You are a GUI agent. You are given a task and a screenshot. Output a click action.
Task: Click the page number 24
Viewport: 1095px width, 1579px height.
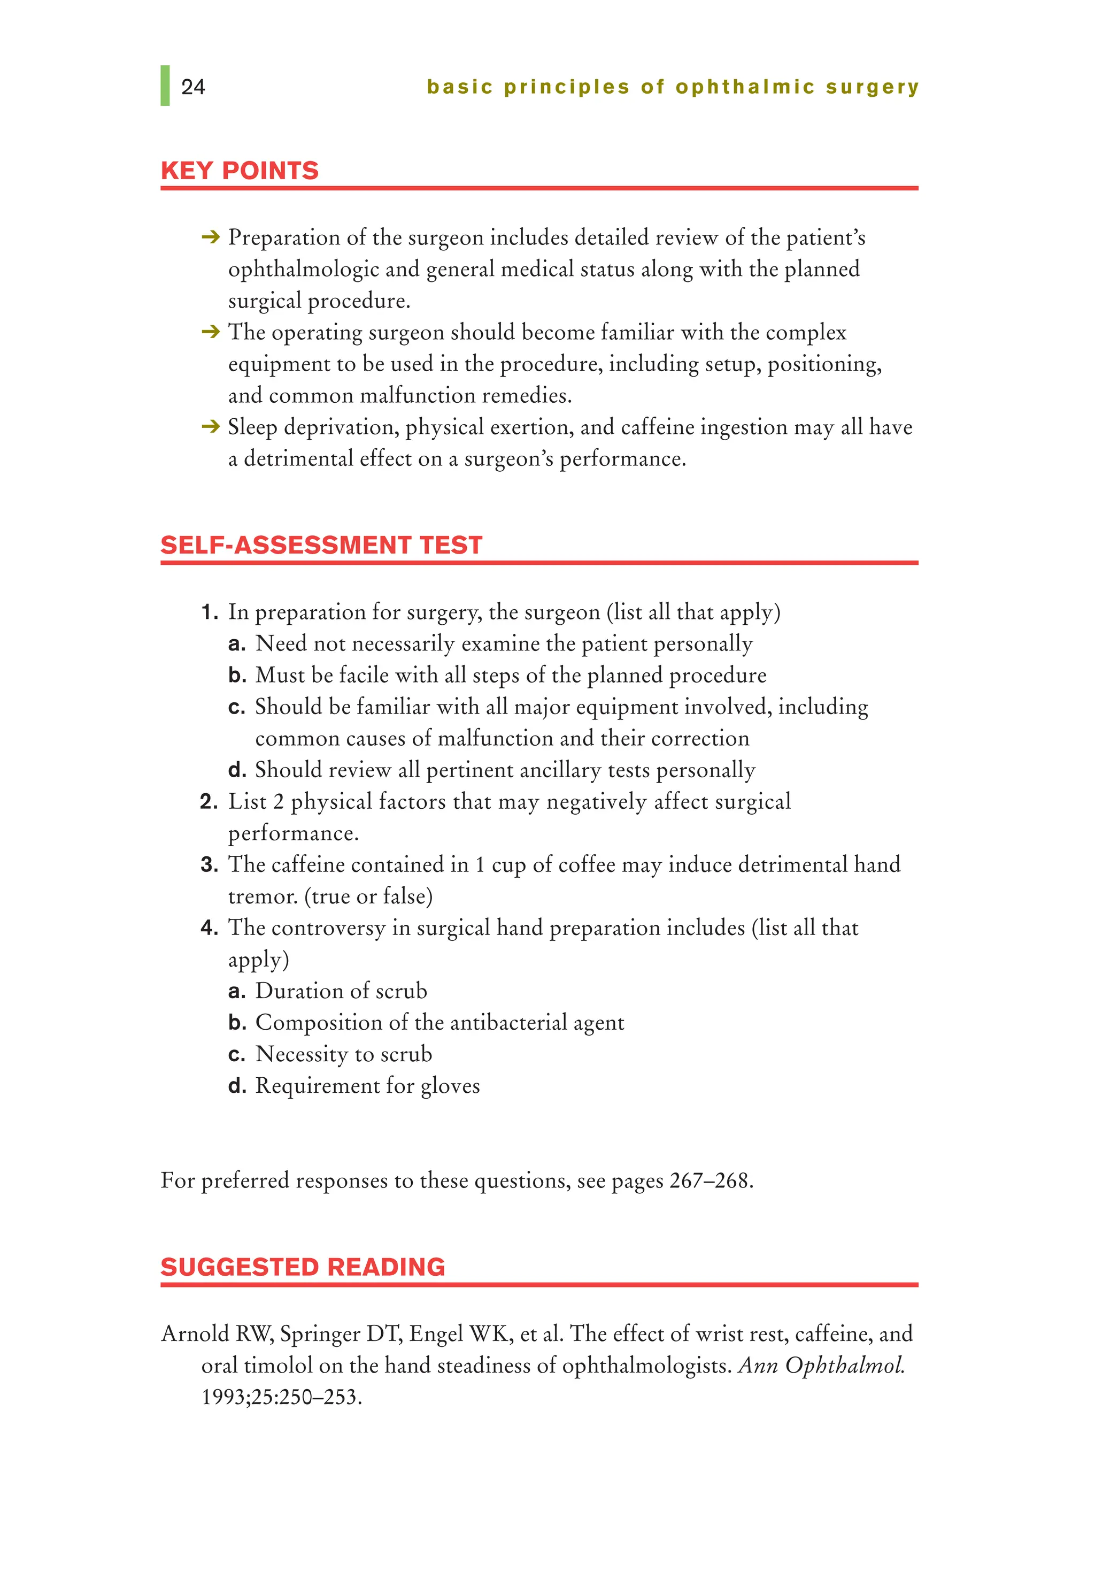pyautogui.click(x=193, y=87)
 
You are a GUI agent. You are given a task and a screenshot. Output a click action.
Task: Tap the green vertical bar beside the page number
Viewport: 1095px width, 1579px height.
pyautogui.click(x=165, y=86)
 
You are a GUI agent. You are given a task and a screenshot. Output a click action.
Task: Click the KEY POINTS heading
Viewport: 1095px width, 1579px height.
pyautogui.click(x=240, y=170)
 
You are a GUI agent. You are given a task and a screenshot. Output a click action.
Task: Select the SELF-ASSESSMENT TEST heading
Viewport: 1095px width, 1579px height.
pyautogui.click(x=321, y=545)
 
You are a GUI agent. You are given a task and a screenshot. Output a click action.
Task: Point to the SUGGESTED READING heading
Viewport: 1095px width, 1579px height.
pyautogui.click(x=303, y=1267)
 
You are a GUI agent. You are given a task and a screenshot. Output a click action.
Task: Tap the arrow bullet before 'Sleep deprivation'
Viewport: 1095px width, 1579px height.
pyautogui.click(x=210, y=427)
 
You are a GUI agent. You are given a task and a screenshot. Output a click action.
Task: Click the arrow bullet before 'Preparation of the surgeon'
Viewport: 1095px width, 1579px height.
pyautogui.click(x=210, y=237)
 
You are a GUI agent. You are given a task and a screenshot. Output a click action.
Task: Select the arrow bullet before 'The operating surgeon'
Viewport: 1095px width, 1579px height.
pyautogui.click(x=210, y=332)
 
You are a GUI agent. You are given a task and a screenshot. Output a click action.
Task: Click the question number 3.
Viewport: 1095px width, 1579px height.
pyautogui.click(x=209, y=864)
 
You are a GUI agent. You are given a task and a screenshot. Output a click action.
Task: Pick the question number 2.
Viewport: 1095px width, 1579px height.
pyautogui.click(x=209, y=801)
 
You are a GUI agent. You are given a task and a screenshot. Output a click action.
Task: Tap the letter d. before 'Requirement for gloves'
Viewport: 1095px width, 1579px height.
pyautogui.click(x=237, y=1086)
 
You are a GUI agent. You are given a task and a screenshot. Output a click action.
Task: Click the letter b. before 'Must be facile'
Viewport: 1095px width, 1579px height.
pyautogui.click(x=237, y=675)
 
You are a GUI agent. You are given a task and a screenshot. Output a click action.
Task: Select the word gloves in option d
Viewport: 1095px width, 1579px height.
pyautogui.click(x=450, y=1086)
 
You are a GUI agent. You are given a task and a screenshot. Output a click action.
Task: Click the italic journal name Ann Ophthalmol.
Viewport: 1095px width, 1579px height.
pyautogui.click(x=821, y=1366)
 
